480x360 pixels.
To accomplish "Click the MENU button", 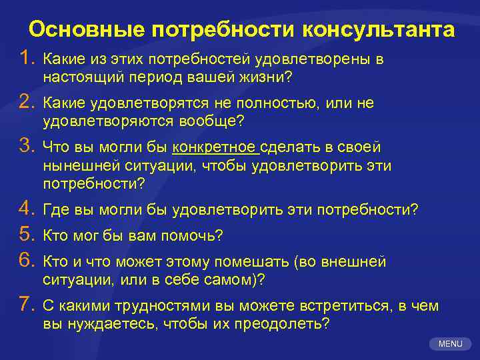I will [x=451, y=344].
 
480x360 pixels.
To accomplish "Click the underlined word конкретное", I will [x=214, y=147].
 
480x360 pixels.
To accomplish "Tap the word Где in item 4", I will [x=55, y=210].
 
